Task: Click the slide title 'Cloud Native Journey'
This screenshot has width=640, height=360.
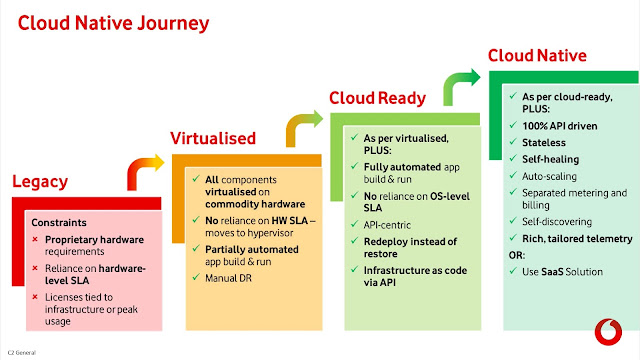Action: click(x=113, y=24)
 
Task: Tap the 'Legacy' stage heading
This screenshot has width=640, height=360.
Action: click(x=40, y=182)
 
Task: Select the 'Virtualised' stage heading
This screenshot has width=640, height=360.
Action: click(x=213, y=138)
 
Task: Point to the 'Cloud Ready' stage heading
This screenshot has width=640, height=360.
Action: click(x=378, y=98)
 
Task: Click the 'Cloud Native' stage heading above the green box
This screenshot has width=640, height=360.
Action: click(x=537, y=56)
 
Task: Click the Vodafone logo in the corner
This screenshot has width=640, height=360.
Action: click(x=608, y=332)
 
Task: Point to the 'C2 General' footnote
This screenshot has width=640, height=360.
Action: click(x=22, y=353)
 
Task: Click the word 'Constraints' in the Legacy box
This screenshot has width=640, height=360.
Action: click(x=59, y=222)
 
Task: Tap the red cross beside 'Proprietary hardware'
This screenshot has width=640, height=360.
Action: click(x=35, y=239)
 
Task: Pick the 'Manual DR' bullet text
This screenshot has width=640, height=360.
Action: click(x=229, y=278)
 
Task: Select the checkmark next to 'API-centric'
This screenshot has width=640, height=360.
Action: click(x=354, y=224)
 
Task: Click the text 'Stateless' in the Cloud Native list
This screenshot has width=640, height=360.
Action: click(x=544, y=143)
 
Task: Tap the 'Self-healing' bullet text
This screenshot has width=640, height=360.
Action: click(x=551, y=160)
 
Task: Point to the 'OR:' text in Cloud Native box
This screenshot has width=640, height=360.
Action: click(x=517, y=256)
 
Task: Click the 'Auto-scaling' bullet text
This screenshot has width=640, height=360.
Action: click(x=549, y=176)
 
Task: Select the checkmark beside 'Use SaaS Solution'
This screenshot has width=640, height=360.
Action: click(x=513, y=271)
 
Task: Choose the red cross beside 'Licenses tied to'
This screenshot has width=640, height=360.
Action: click(x=35, y=297)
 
